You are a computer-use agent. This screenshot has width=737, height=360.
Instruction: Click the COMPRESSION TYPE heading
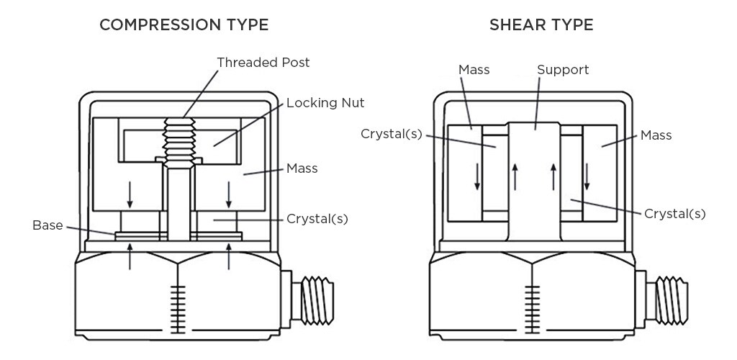coord(184,25)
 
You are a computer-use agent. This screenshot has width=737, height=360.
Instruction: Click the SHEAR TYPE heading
coord(541,25)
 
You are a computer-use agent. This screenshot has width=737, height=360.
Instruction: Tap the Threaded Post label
coord(263,63)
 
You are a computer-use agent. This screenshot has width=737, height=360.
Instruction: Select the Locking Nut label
coord(325,103)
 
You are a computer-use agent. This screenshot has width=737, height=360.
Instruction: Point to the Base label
coord(48,225)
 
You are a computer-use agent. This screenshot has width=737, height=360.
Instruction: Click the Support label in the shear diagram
coord(563,70)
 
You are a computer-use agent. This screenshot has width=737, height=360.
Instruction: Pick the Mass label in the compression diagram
coord(302,168)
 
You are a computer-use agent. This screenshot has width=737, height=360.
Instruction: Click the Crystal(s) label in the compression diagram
coord(317,218)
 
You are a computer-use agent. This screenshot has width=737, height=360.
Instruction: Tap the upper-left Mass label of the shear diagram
coord(474,70)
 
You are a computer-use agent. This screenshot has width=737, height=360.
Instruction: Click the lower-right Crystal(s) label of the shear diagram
coord(674,213)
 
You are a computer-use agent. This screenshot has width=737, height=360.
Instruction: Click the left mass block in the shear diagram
coord(464,173)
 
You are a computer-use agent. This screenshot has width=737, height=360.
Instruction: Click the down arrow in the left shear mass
coord(476,177)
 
